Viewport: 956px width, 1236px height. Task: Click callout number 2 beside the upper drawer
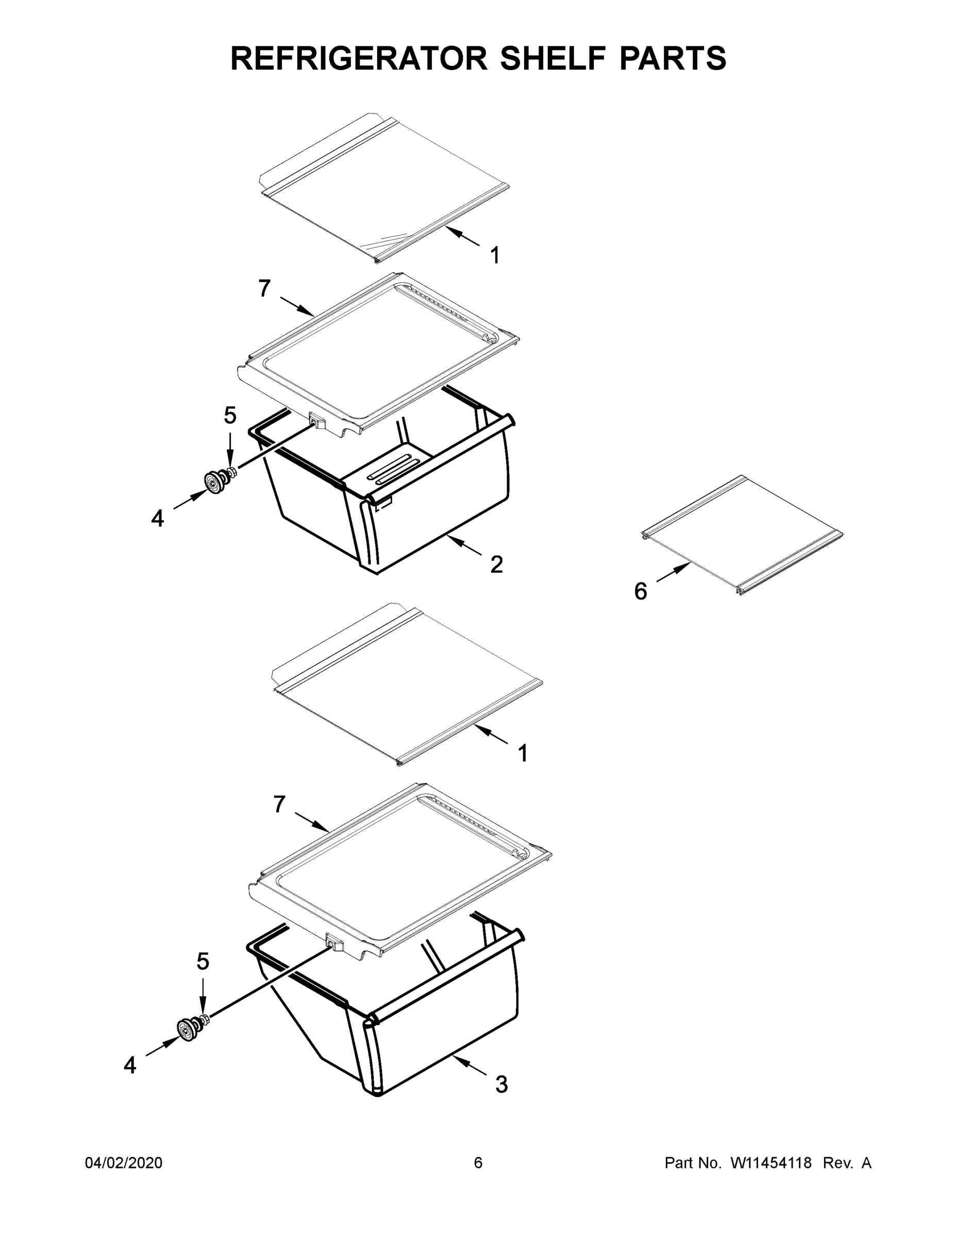point(496,564)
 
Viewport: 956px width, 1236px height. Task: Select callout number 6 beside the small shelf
point(640,591)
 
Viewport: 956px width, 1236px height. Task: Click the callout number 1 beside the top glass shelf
point(494,255)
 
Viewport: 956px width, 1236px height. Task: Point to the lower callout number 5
point(203,962)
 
